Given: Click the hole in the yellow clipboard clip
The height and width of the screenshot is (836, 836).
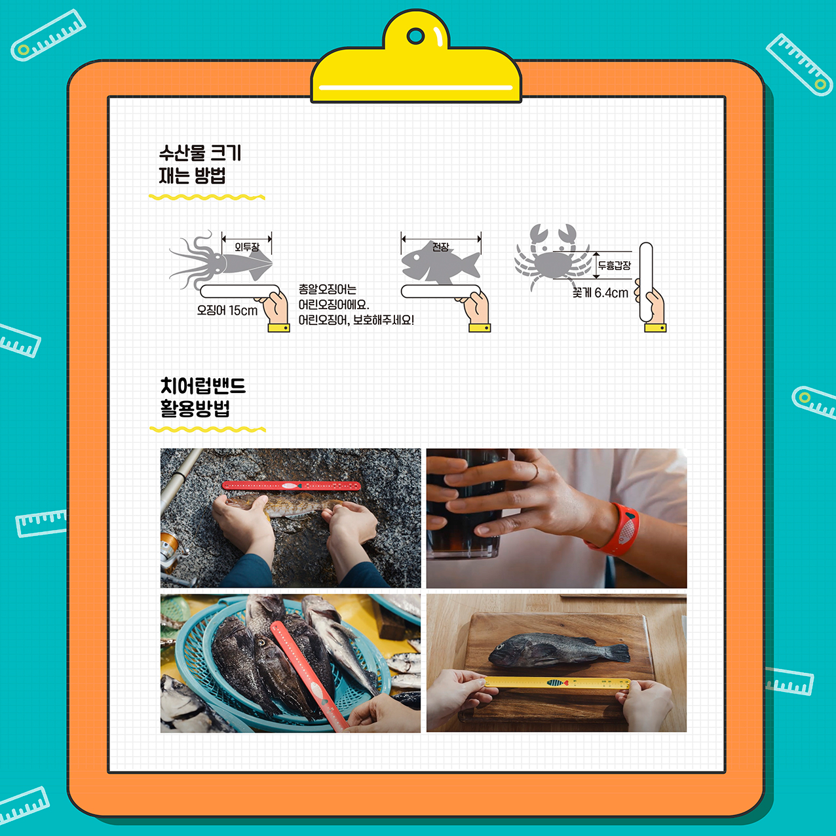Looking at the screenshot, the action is click(415, 37).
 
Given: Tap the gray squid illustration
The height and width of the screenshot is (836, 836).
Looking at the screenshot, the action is click(221, 260).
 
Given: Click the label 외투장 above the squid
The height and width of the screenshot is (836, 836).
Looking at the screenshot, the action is click(247, 247).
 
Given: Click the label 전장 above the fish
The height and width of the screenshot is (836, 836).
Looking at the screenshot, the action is click(441, 247).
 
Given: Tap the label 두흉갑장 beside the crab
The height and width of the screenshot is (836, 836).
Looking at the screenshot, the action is click(615, 265).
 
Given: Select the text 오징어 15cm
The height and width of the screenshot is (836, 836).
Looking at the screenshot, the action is click(227, 311).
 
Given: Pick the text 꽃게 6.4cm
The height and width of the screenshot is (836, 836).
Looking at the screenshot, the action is click(600, 293).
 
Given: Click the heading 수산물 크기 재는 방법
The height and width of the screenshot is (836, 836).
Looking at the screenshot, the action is click(200, 164).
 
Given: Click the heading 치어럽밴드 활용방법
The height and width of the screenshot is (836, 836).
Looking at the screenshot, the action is click(202, 398).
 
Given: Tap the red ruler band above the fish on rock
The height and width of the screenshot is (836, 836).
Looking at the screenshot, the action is click(291, 486).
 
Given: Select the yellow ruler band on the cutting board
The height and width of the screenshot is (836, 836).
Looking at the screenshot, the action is click(558, 683).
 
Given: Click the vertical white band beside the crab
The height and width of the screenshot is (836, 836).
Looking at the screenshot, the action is click(646, 282).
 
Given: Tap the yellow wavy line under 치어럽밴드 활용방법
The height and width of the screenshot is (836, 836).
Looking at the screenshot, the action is click(208, 430).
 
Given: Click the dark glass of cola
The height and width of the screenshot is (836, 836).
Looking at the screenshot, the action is click(465, 504).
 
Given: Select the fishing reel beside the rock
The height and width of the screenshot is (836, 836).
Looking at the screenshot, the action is click(172, 552).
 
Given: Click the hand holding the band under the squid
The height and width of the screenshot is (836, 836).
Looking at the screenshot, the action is click(273, 311).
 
